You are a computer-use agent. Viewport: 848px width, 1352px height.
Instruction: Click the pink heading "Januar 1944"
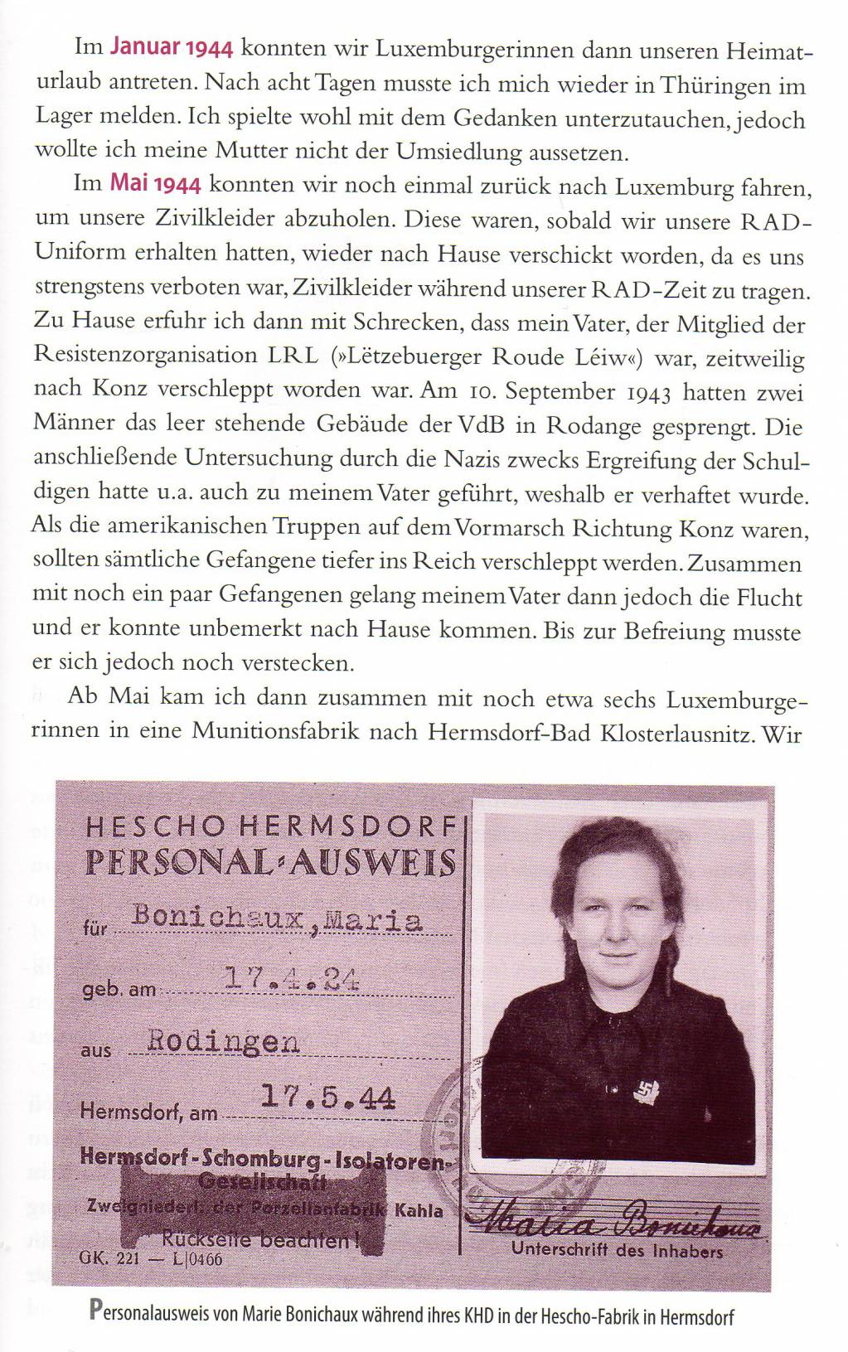pyautogui.click(x=171, y=47)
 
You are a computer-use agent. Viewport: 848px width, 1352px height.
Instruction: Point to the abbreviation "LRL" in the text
pyautogui.click(x=293, y=356)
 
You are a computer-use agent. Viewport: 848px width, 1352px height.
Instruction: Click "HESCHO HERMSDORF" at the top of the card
pyautogui.click(x=270, y=826)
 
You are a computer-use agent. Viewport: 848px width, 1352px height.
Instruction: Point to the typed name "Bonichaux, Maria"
pyautogui.click(x=278, y=919)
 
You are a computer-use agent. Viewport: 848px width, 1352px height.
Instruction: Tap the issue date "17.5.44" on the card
pyautogui.click(x=327, y=1098)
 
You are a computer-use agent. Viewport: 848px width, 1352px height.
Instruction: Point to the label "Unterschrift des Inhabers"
pyautogui.click(x=617, y=1250)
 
